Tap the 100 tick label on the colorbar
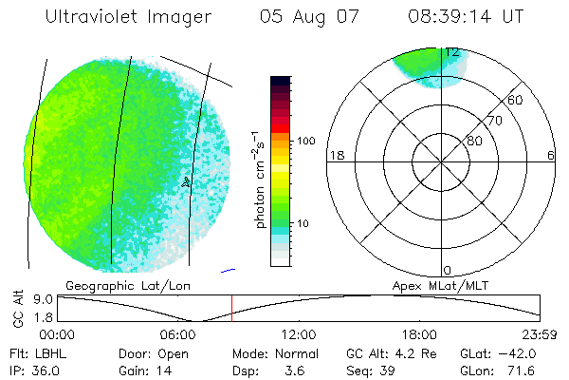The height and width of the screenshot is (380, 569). (305, 141)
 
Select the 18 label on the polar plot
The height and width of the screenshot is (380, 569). (335, 155)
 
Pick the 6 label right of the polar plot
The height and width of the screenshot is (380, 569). (550, 155)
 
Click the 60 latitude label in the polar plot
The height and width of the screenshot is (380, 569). (516, 100)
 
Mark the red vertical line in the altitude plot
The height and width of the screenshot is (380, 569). (231, 308)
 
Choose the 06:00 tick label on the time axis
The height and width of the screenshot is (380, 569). (177, 334)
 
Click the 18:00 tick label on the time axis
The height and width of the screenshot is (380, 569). (419, 334)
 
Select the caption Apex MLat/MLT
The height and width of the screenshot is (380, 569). (441, 284)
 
